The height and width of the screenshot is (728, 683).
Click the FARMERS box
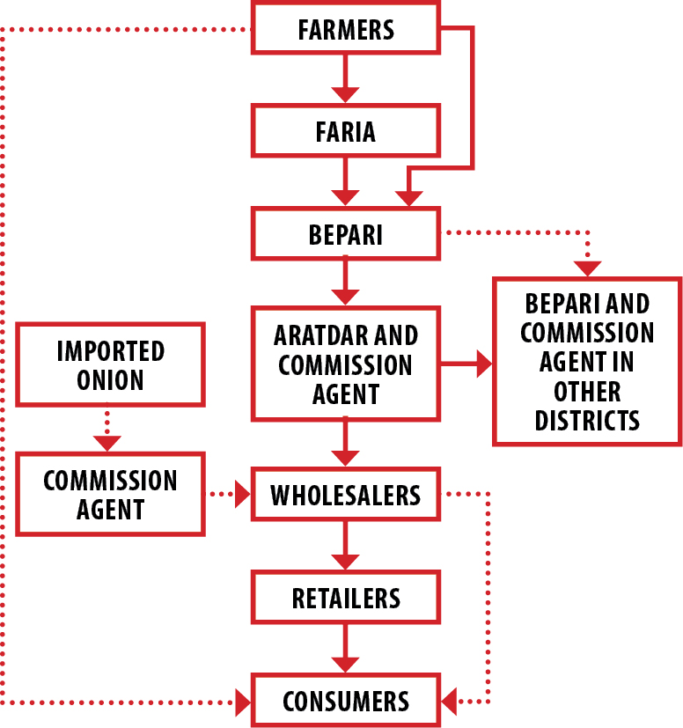(345, 29)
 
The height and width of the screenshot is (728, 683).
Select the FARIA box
(345, 131)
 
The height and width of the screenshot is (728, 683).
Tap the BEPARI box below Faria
(345, 234)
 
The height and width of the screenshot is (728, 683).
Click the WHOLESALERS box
(345, 495)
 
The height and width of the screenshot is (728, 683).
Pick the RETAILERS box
(345, 598)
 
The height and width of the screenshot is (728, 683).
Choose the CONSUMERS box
(345, 701)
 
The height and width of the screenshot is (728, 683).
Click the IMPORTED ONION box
(110, 365)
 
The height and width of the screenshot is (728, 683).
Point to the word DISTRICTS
(587, 419)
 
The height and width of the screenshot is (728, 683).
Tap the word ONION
(110, 380)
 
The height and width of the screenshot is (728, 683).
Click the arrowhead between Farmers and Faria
(345, 93)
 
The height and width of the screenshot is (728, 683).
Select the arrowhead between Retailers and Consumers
(345, 663)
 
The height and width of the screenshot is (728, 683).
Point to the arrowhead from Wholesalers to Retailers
(345, 560)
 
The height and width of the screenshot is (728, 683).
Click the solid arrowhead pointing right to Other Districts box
(483, 364)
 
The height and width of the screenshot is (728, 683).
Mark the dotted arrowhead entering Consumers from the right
(450, 702)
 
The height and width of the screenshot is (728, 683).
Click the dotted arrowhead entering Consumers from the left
(242, 702)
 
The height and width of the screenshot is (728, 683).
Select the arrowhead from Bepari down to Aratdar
(345, 296)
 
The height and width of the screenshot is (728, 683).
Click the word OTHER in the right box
(587, 390)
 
